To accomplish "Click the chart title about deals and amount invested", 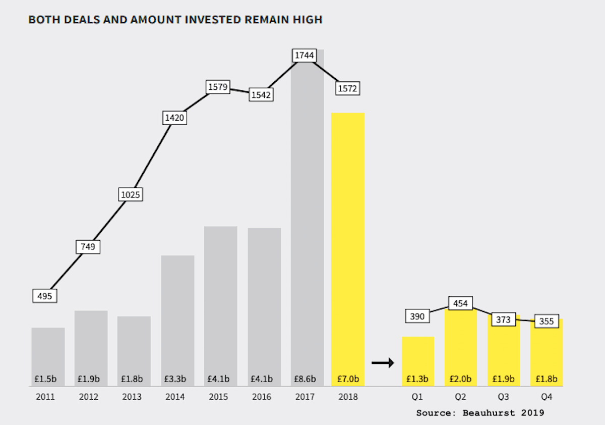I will [x=175, y=20].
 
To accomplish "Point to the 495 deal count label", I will [x=45, y=296].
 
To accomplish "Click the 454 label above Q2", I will [x=460, y=303].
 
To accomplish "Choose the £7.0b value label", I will [x=348, y=379].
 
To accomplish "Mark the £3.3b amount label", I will [x=178, y=379].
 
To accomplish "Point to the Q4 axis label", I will [x=547, y=397].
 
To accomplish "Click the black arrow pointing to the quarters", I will [x=383, y=362].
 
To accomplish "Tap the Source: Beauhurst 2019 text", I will [x=480, y=413].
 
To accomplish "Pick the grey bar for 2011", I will [x=48, y=353].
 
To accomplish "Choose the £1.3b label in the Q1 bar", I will [x=418, y=379].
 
